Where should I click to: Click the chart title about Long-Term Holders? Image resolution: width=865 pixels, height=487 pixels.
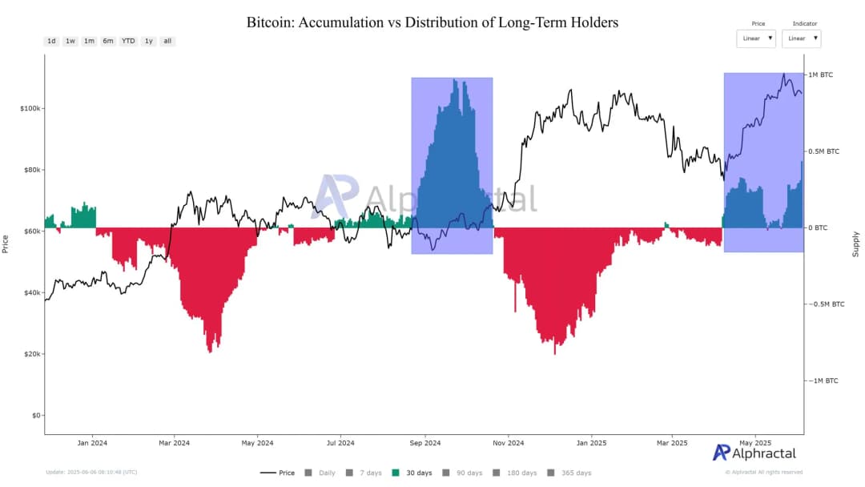(432, 22)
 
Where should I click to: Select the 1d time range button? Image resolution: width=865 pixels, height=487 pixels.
(51, 41)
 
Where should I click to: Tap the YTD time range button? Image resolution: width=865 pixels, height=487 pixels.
(128, 41)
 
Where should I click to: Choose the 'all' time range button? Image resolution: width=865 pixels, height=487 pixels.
(167, 41)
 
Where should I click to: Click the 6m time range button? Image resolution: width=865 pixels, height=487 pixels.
(108, 41)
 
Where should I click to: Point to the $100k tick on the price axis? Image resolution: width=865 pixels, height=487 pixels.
(30, 108)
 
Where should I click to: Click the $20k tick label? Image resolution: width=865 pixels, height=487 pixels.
(32, 354)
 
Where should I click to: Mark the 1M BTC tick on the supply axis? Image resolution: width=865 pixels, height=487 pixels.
(820, 74)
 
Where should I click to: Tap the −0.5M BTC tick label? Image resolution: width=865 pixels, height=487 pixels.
(825, 304)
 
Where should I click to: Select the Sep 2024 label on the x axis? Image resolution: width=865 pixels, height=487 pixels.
(425, 442)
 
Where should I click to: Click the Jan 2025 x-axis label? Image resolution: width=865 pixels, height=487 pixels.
(592, 442)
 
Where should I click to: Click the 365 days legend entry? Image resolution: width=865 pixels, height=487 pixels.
(570, 473)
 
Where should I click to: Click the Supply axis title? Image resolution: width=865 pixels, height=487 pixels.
(855, 243)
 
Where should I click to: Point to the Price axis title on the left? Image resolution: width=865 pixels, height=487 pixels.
(6, 243)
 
